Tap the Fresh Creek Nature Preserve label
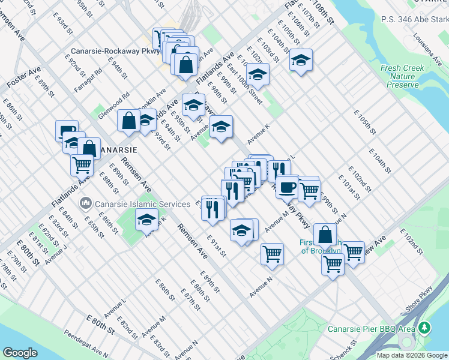coord(399,76)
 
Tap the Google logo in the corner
coord(20,353)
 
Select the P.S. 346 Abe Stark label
coord(415,19)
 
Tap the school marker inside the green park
coord(146,220)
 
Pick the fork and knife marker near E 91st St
coord(213,208)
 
